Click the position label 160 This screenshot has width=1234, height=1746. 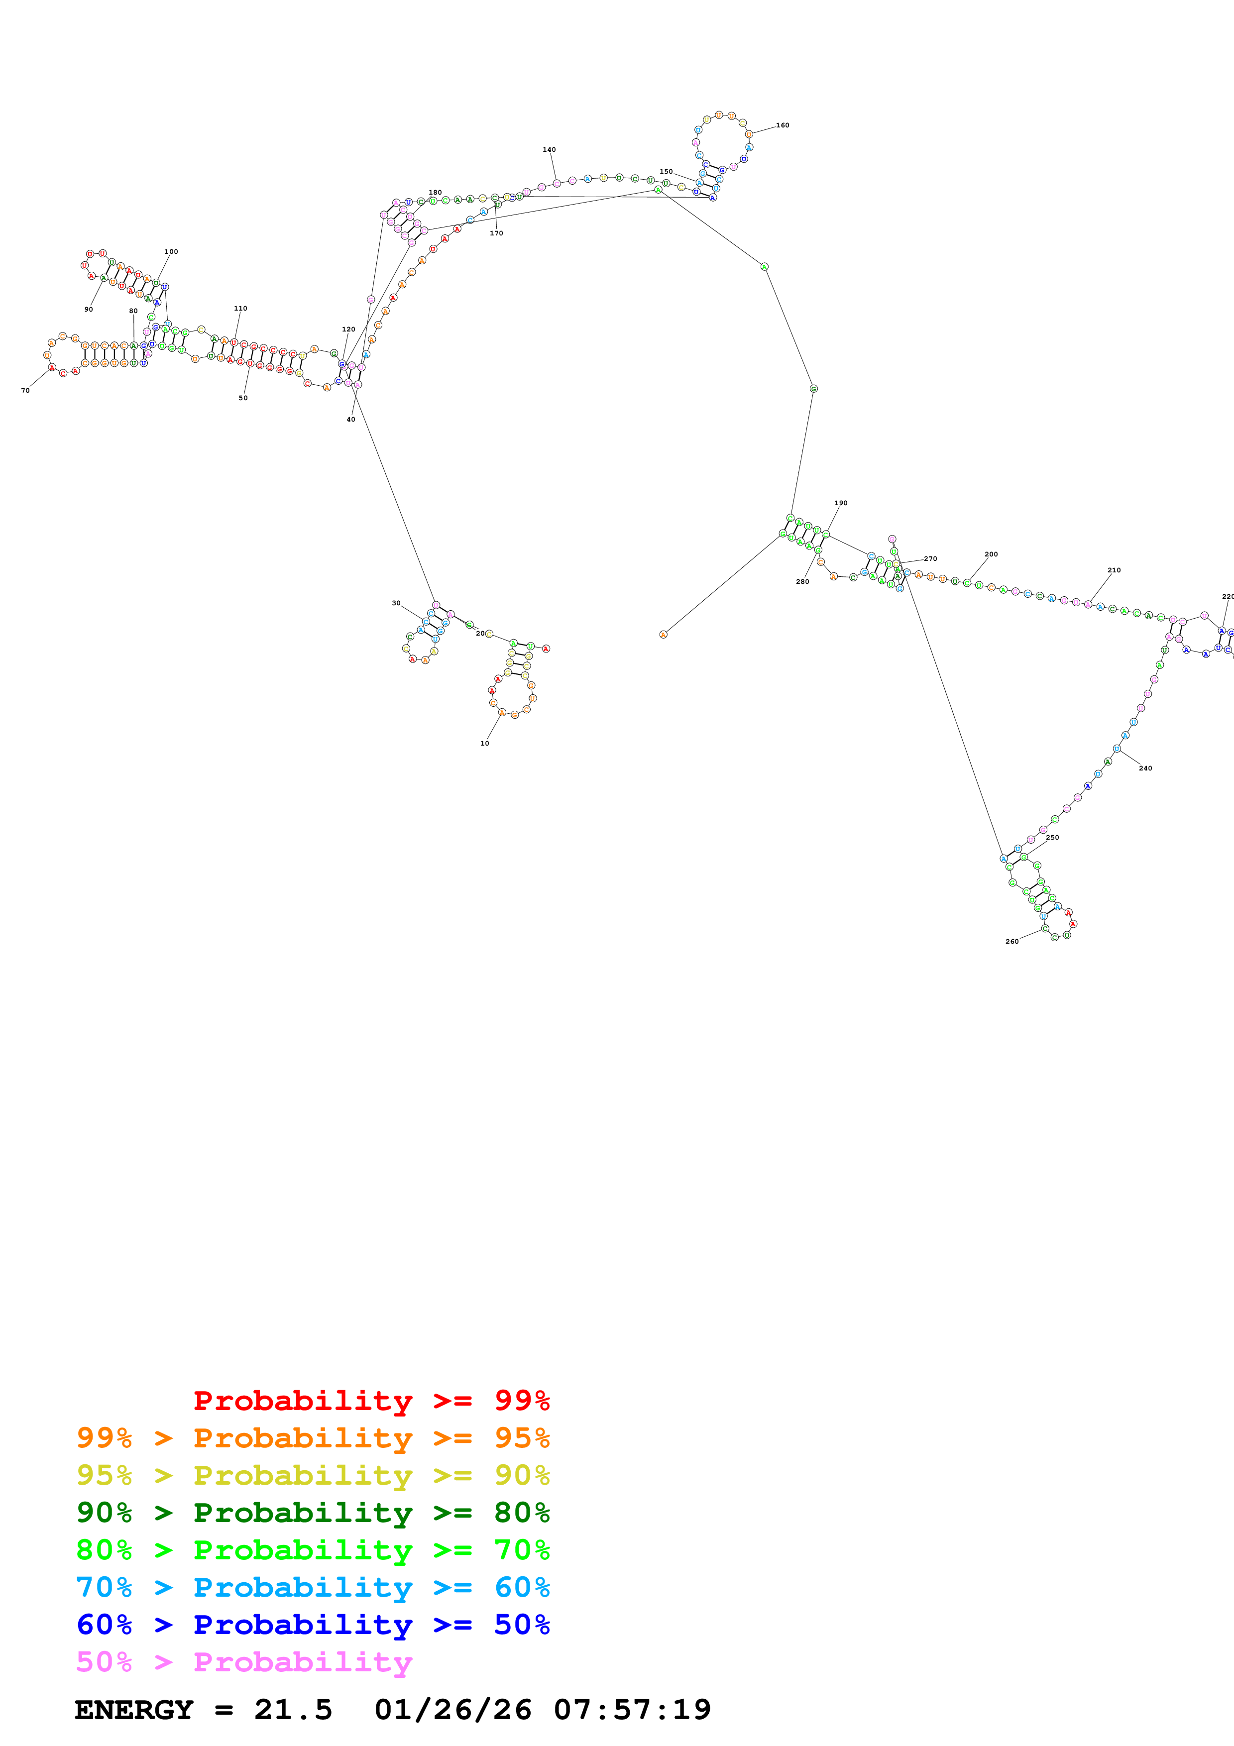pyautogui.click(x=783, y=125)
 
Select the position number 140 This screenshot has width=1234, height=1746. pyautogui.click(x=549, y=150)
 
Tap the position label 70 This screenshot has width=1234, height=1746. pyautogui.click(x=25, y=391)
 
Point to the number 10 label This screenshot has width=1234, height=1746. pyautogui.click(x=484, y=744)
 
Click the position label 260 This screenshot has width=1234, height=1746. pyautogui.click(x=1012, y=942)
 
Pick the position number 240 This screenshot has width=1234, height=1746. pyautogui.click(x=1145, y=768)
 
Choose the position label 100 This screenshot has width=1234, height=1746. pyautogui.click(x=171, y=252)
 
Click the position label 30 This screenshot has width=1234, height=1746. pyautogui.click(x=396, y=603)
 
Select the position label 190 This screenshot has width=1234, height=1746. pyautogui.click(x=840, y=503)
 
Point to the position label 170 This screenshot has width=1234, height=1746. pyautogui.click(x=496, y=233)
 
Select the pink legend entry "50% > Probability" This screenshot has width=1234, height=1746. pyautogui.click(x=243, y=1661)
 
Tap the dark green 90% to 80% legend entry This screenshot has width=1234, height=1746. pyautogui.click(x=313, y=1513)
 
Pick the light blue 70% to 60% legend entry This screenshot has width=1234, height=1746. pyautogui.click(x=313, y=1587)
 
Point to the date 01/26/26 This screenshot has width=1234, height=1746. pyautogui.click(x=452, y=1710)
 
